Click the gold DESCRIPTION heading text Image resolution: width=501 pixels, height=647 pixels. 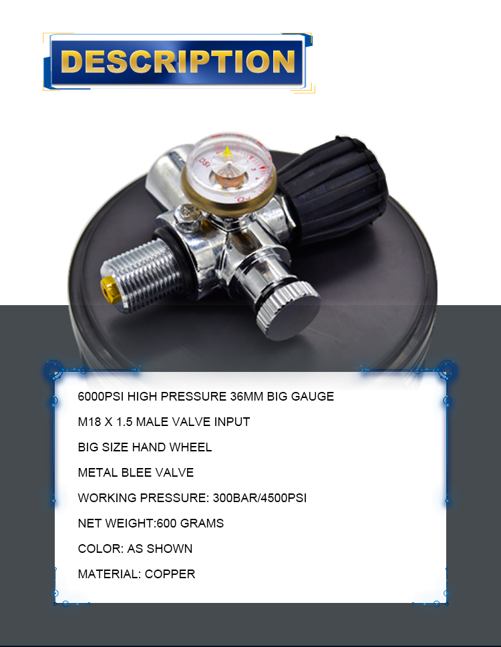pyautogui.click(x=178, y=61)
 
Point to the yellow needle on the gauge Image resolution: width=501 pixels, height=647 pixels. pyautogui.click(x=227, y=154)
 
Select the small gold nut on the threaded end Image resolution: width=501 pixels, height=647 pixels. pyautogui.click(x=108, y=290)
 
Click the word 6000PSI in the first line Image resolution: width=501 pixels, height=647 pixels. pyautogui.click(x=101, y=397)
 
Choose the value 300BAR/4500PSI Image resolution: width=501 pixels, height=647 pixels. pyautogui.click(x=260, y=498)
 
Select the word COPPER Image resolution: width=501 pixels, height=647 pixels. pyautogui.click(x=170, y=574)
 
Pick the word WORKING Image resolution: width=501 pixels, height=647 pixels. pyautogui.click(x=108, y=498)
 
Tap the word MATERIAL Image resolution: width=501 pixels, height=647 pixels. pyautogui.click(x=109, y=574)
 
